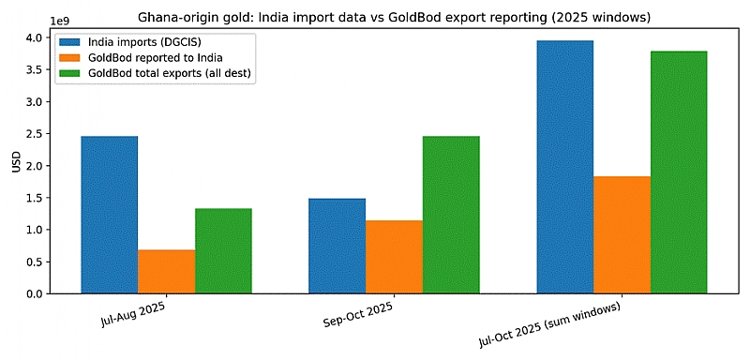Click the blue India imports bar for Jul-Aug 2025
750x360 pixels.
[110, 215]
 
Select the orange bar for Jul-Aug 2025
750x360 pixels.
[167, 272]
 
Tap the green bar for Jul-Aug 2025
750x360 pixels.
[223, 251]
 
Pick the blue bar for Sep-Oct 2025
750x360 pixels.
[337, 246]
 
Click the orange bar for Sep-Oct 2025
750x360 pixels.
[394, 257]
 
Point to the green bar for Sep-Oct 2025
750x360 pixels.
[451, 215]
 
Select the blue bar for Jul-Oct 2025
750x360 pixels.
[565, 167]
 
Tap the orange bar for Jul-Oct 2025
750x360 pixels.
[622, 234]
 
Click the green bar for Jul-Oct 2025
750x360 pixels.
[679, 172]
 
